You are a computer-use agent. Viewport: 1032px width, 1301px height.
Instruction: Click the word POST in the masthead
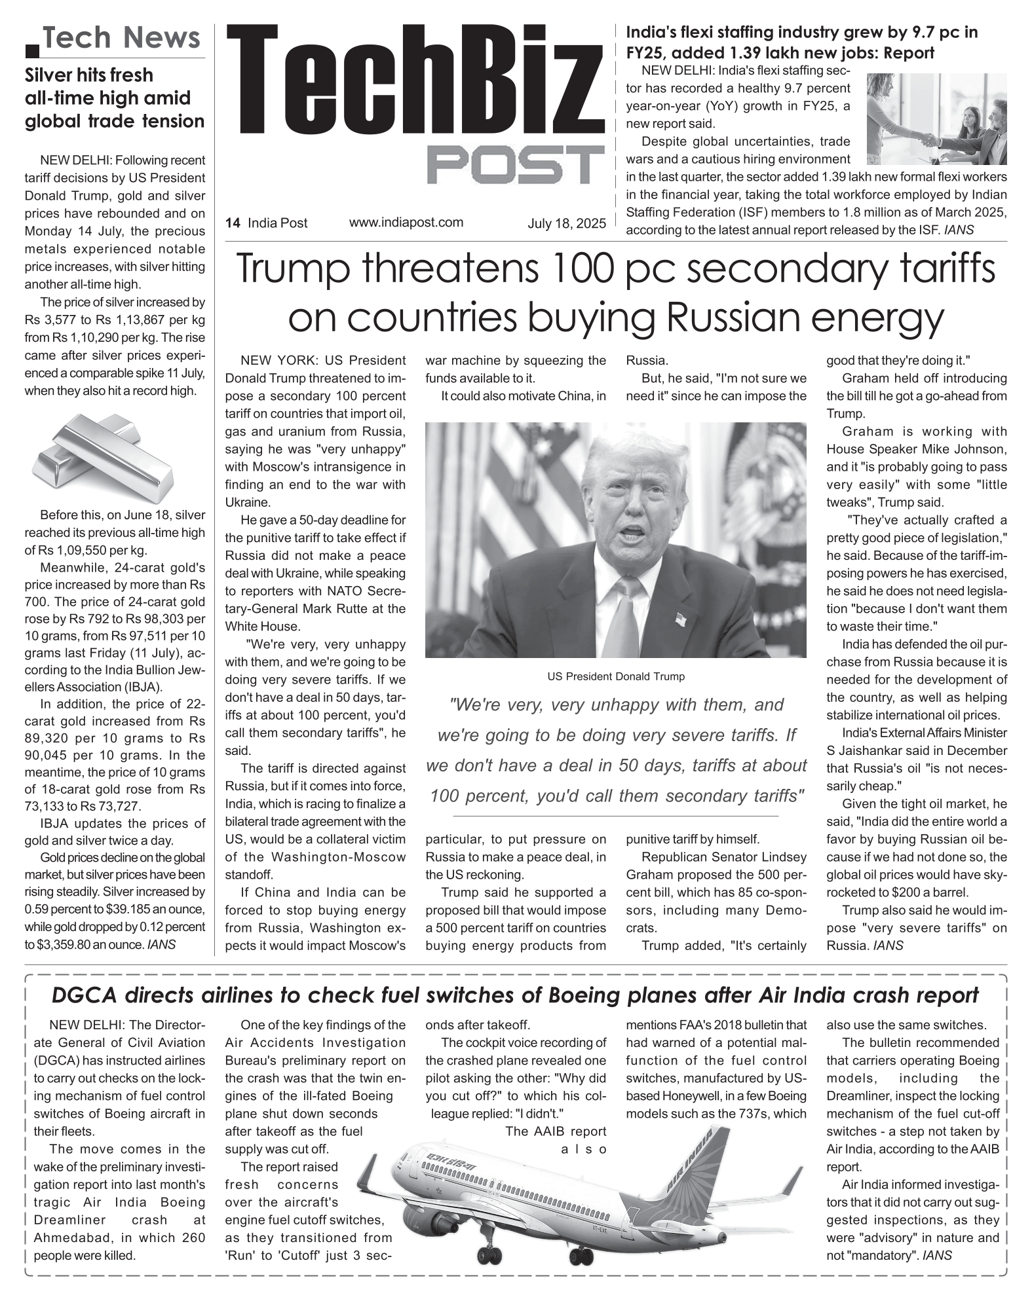(516, 165)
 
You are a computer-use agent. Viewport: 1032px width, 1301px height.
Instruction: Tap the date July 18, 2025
(567, 224)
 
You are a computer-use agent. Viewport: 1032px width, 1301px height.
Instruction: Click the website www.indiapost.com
(406, 223)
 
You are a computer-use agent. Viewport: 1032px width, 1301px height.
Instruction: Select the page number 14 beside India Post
(232, 223)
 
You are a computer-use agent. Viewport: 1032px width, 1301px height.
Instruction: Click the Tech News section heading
(122, 38)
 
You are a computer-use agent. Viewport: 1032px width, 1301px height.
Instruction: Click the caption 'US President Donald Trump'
(616, 676)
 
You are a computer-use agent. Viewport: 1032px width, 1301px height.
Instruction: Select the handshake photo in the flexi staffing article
(936, 119)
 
